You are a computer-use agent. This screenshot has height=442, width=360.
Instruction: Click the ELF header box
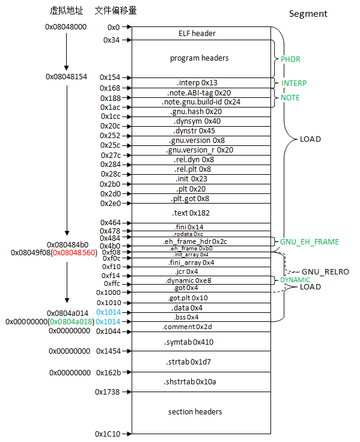coord(197,34)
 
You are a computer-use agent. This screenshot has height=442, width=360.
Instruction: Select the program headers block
coord(199,58)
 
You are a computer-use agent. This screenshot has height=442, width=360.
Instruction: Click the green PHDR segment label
coord(290,59)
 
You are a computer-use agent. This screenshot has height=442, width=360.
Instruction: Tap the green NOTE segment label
coord(290,97)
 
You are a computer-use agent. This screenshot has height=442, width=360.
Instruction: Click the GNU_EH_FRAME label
coord(309,242)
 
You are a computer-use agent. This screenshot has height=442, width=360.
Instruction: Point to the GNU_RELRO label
coord(325,271)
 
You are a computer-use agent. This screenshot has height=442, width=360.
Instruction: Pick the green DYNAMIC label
coord(295,280)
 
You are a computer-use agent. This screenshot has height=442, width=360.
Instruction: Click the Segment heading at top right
coord(308,14)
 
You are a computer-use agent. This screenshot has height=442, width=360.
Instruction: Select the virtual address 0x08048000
coord(66,27)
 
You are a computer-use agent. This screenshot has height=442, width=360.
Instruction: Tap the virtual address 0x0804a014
coord(67,313)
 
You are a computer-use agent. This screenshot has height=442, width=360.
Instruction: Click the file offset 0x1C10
coord(108,433)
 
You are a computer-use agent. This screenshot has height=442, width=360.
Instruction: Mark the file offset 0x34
coord(111,40)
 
